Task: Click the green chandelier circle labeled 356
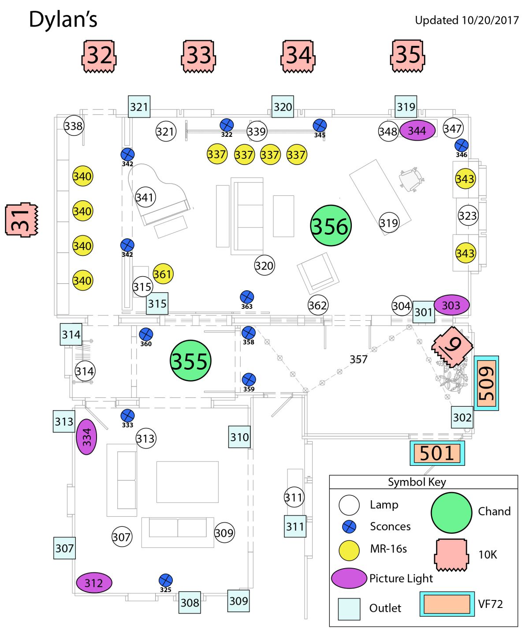pyautogui.click(x=331, y=225)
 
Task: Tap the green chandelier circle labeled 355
pyautogui.click(x=190, y=360)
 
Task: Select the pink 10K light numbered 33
pyautogui.click(x=198, y=56)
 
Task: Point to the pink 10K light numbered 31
pyautogui.click(x=22, y=220)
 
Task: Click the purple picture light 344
pyautogui.click(x=417, y=131)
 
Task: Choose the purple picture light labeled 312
pyautogui.click(x=94, y=583)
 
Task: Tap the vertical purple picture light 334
pyautogui.click(x=86, y=437)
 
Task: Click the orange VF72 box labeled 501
pyautogui.click(x=437, y=453)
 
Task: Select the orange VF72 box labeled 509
pyautogui.click(x=486, y=383)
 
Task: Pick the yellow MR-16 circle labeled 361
pyautogui.click(x=163, y=274)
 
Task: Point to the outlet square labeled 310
pyautogui.click(x=239, y=437)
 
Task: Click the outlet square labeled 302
pyautogui.click(x=462, y=417)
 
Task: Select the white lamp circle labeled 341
pyautogui.click(x=145, y=197)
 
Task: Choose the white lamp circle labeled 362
pyautogui.click(x=318, y=305)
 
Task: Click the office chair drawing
pyautogui.click(x=412, y=179)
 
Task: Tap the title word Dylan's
pyautogui.click(x=63, y=19)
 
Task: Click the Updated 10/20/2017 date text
pyautogui.click(x=466, y=20)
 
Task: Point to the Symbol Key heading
pyautogui.click(x=417, y=482)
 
